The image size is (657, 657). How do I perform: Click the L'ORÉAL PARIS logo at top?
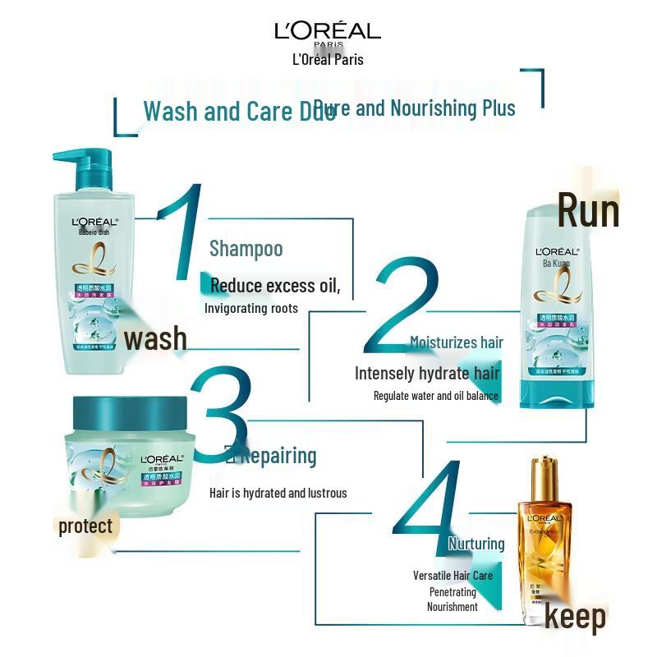pos(328,32)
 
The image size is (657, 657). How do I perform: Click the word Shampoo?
pos(246,248)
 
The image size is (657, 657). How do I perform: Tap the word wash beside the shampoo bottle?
pos(155,338)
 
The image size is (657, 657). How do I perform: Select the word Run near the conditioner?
pos(588,210)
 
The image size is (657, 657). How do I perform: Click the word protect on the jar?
pos(85,526)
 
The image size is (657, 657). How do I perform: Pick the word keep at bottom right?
pos(575,618)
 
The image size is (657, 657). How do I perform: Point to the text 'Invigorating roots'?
pos(251,308)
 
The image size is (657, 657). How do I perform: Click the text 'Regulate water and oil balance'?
pos(435,396)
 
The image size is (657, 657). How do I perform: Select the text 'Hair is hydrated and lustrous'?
pos(278,493)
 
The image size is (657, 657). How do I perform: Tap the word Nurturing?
pos(476,544)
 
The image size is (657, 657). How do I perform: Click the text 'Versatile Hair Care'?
pos(453,576)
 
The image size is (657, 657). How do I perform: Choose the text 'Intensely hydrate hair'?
pos(427,373)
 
